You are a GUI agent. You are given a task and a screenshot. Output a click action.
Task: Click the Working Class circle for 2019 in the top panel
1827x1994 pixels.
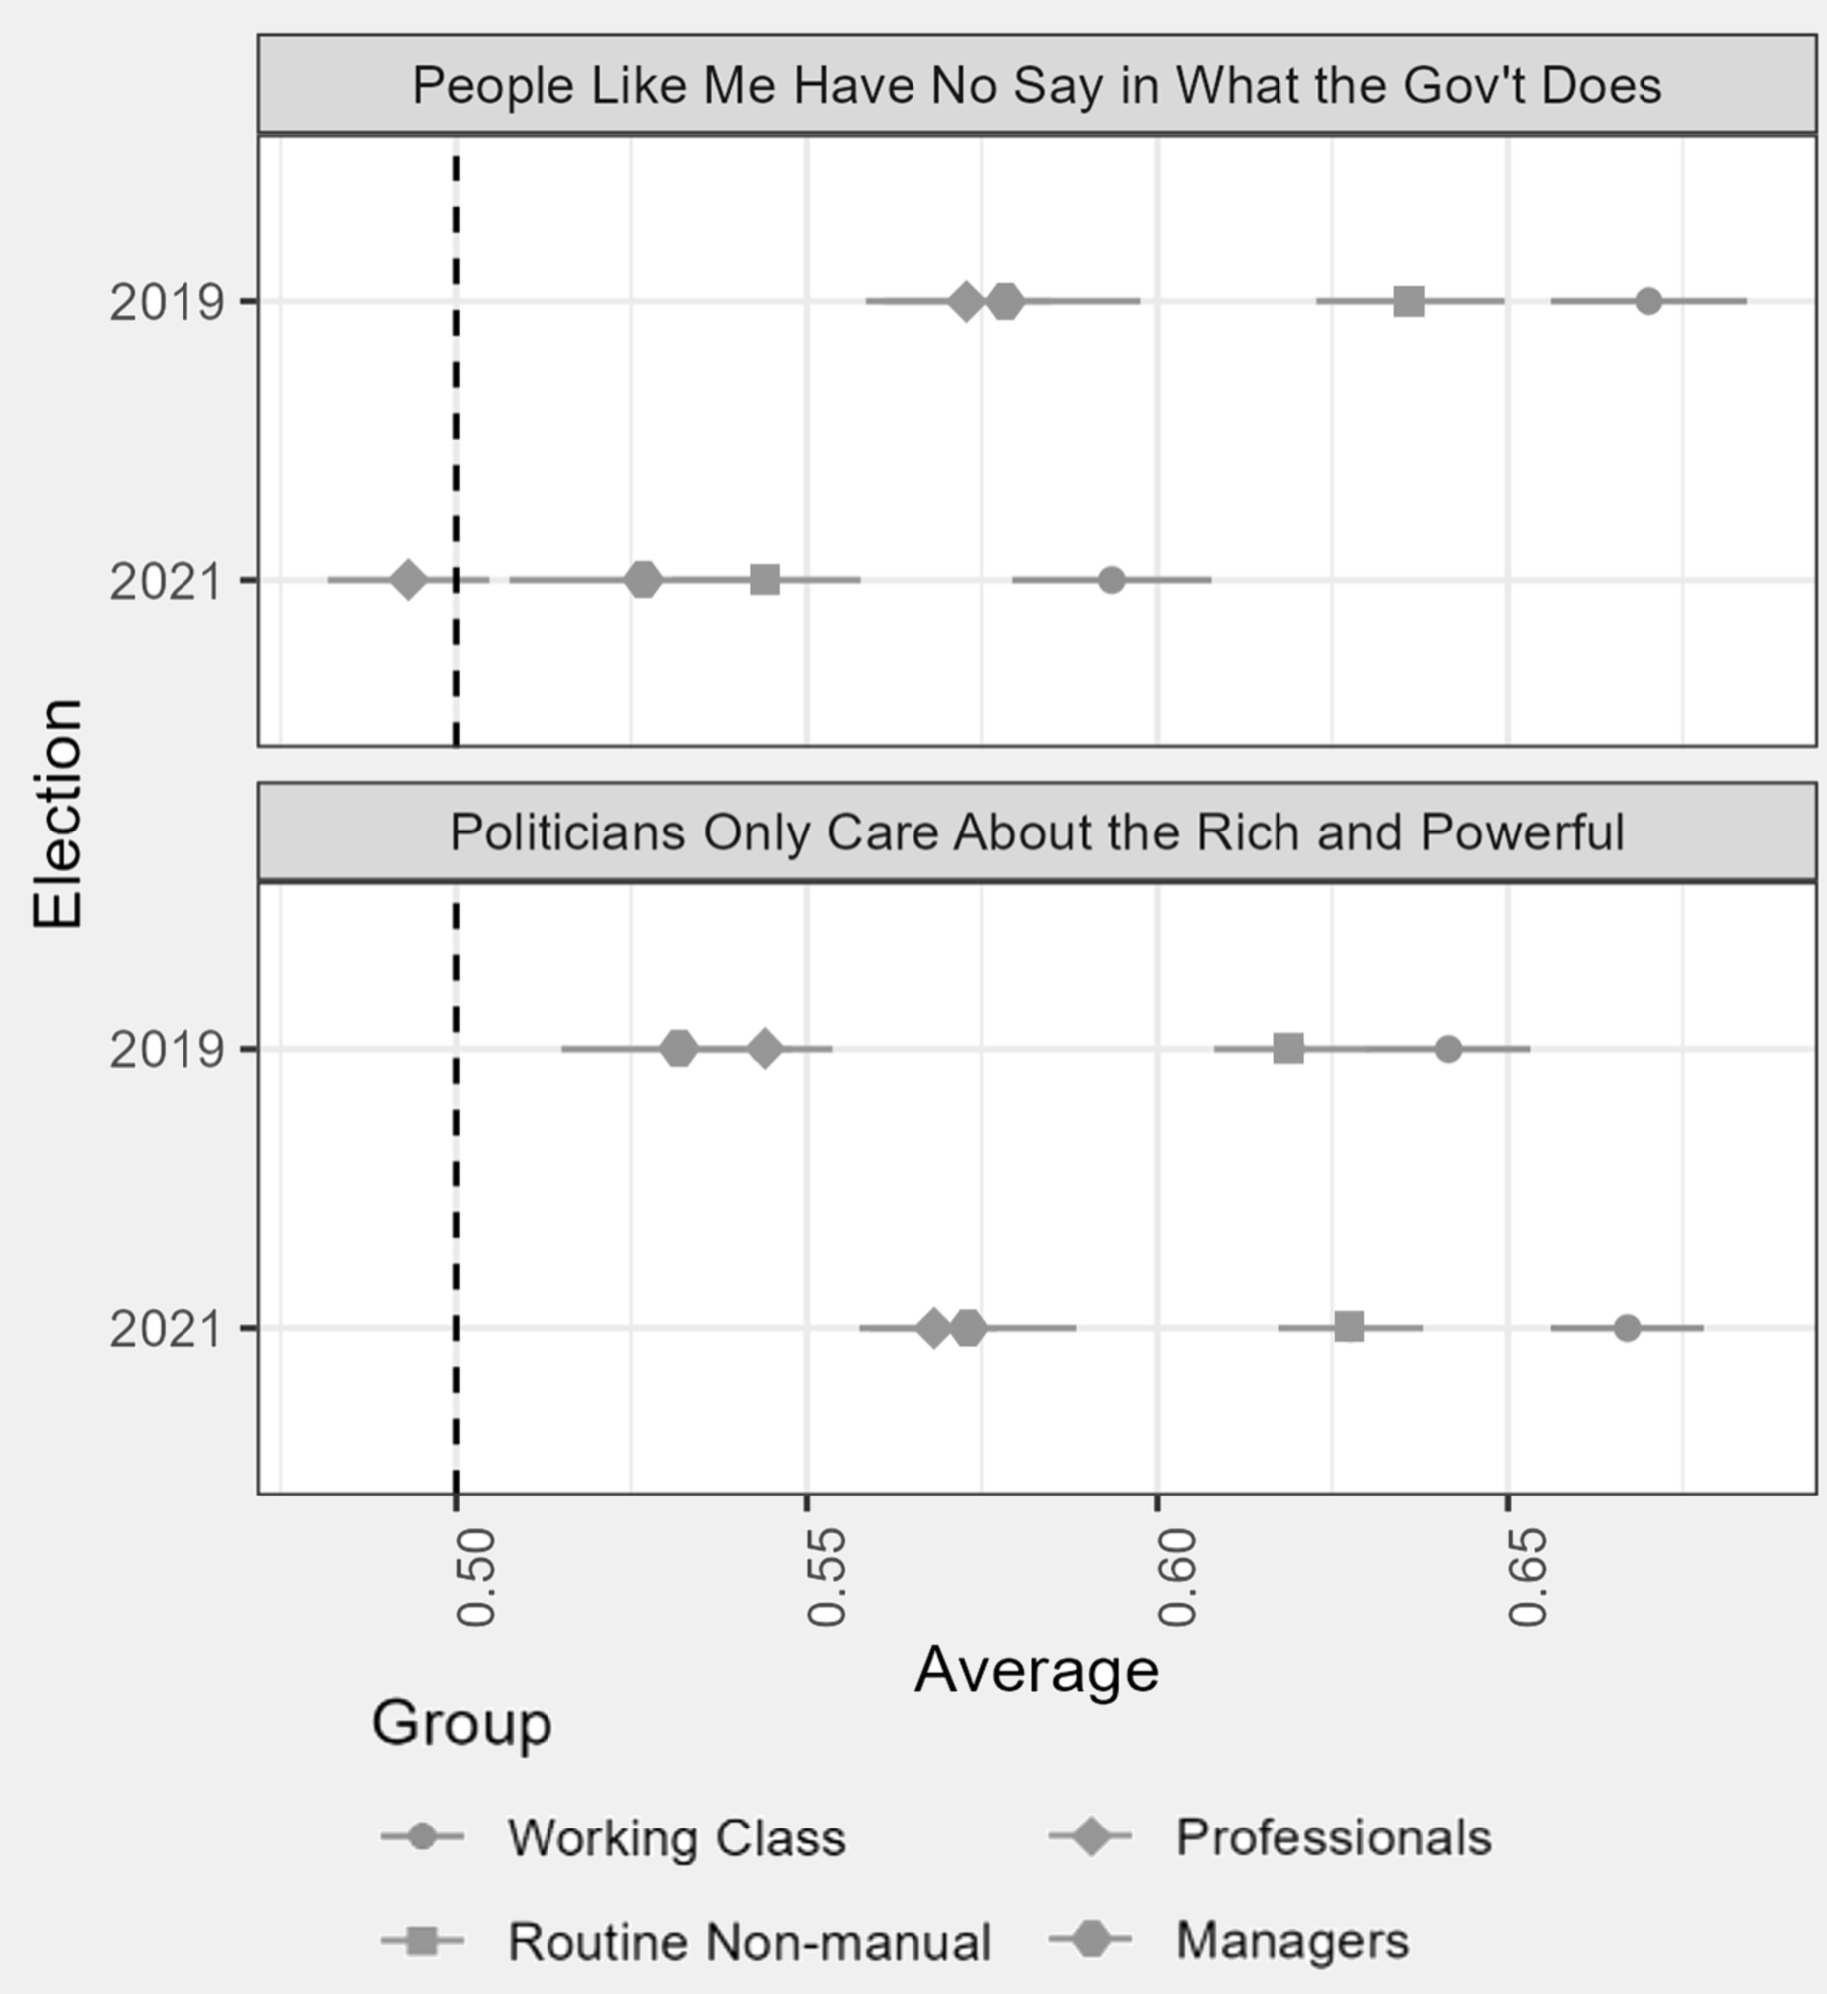point(1648,301)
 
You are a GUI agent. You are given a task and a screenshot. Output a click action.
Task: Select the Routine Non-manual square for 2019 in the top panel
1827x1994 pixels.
point(1408,301)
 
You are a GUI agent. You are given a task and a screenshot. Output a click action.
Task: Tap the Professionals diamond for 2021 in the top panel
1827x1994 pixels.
point(407,580)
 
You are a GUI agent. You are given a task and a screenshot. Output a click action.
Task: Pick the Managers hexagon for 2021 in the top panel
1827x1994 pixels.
point(643,580)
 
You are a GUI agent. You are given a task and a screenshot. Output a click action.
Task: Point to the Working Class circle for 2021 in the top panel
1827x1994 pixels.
point(1111,580)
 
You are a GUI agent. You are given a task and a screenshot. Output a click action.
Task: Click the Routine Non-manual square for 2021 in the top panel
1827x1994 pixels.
point(765,580)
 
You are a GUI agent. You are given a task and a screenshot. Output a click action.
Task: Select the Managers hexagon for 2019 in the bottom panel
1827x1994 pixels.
point(679,1049)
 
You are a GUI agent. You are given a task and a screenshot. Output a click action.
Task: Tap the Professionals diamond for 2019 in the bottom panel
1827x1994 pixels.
point(765,1049)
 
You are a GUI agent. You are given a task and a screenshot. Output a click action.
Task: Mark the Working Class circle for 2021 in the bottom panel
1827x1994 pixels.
point(1627,1328)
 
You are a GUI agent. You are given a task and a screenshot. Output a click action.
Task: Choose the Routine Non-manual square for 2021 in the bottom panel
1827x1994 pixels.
point(1349,1328)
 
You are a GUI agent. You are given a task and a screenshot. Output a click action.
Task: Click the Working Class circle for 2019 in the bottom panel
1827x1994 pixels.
point(1448,1049)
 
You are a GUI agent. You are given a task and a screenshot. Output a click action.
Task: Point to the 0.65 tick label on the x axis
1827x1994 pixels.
point(1527,1577)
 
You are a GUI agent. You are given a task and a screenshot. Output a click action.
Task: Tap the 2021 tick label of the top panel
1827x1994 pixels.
point(166,582)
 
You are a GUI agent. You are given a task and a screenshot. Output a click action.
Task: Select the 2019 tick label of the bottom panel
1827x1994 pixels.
point(166,1051)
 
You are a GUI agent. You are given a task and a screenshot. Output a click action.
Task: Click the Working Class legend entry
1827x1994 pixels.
point(675,1837)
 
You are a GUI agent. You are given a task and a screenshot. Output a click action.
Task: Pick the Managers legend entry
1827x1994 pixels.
point(1291,1940)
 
